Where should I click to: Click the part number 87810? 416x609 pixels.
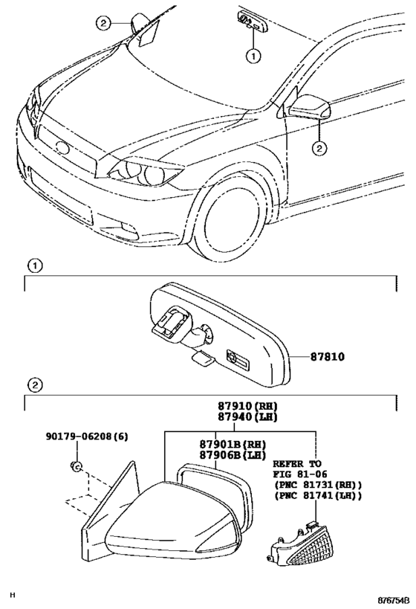click(327, 356)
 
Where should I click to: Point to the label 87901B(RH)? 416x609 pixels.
click(233, 444)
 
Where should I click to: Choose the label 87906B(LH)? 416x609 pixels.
click(233, 455)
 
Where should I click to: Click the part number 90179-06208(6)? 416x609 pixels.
click(87, 436)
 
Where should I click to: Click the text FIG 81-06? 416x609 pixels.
click(300, 474)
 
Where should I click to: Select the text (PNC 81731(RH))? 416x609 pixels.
click(318, 485)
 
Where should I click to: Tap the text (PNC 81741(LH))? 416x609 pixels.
click(318, 496)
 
